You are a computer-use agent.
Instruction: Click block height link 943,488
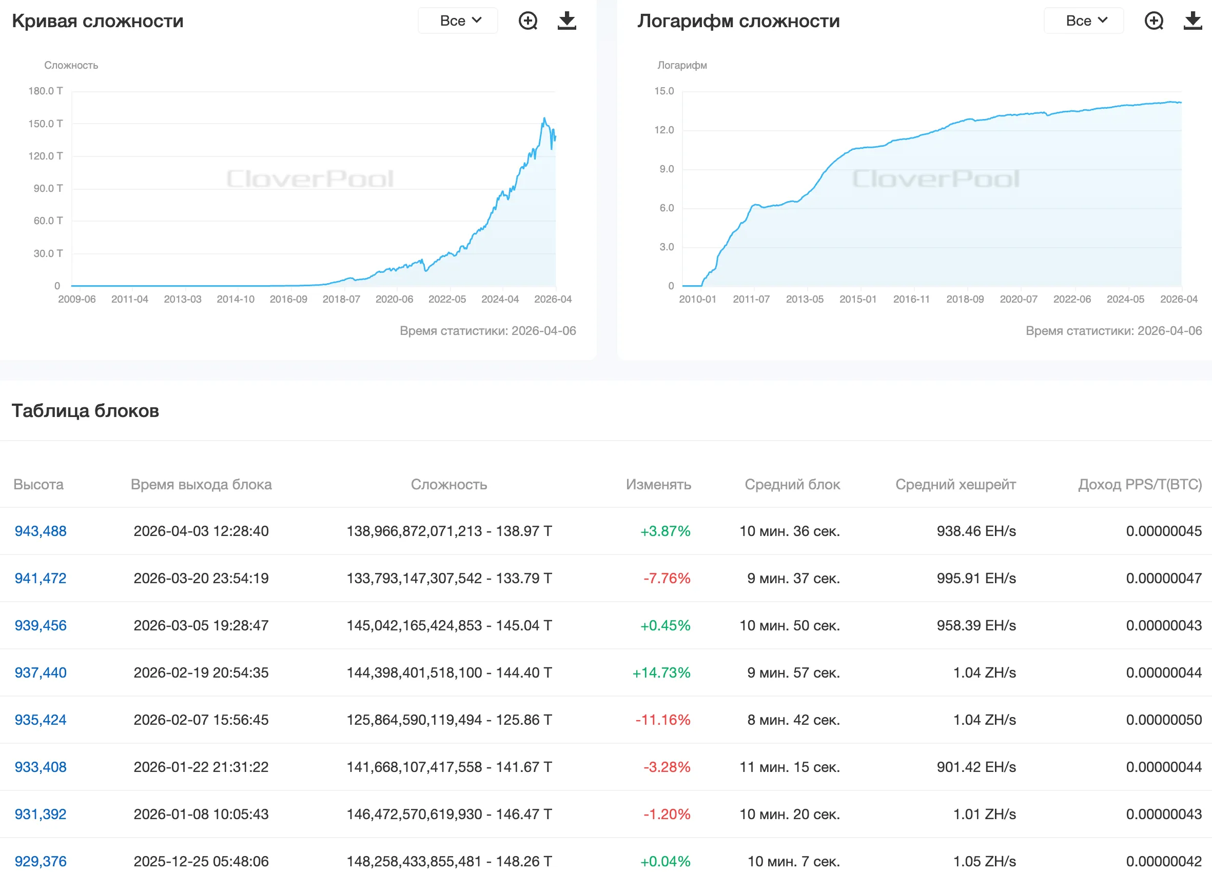[x=41, y=531]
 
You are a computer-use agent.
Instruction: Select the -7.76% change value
[x=667, y=578]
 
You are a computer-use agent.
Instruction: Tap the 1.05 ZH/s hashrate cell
[x=984, y=861]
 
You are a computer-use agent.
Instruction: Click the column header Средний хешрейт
[x=955, y=485]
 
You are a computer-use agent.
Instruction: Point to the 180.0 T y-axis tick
[x=46, y=91]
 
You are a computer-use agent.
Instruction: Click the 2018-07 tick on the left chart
[x=341, y=299]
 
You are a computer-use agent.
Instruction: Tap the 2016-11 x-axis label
[x=911, y=299]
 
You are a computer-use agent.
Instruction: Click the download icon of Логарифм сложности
[x=1192, y=21]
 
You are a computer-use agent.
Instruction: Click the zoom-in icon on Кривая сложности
[x=528, y=21]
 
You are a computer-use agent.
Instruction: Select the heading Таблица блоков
[x=86, y=411]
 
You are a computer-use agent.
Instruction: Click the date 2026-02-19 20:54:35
[x=201, y=672]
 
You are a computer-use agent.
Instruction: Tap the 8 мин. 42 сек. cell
[x=793, y=720]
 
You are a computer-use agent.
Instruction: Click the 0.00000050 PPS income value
[x=1163, y=720]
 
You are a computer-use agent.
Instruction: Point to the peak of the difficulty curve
[x=544, y=118]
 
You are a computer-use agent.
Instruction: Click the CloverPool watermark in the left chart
[x=310, y=179]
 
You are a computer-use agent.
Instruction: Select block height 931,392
[x=41, y=814]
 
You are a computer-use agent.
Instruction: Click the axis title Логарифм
[x=682, y=65]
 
